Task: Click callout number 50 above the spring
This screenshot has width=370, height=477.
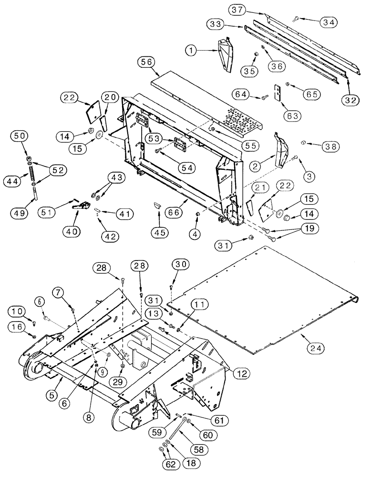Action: click(19, 136)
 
